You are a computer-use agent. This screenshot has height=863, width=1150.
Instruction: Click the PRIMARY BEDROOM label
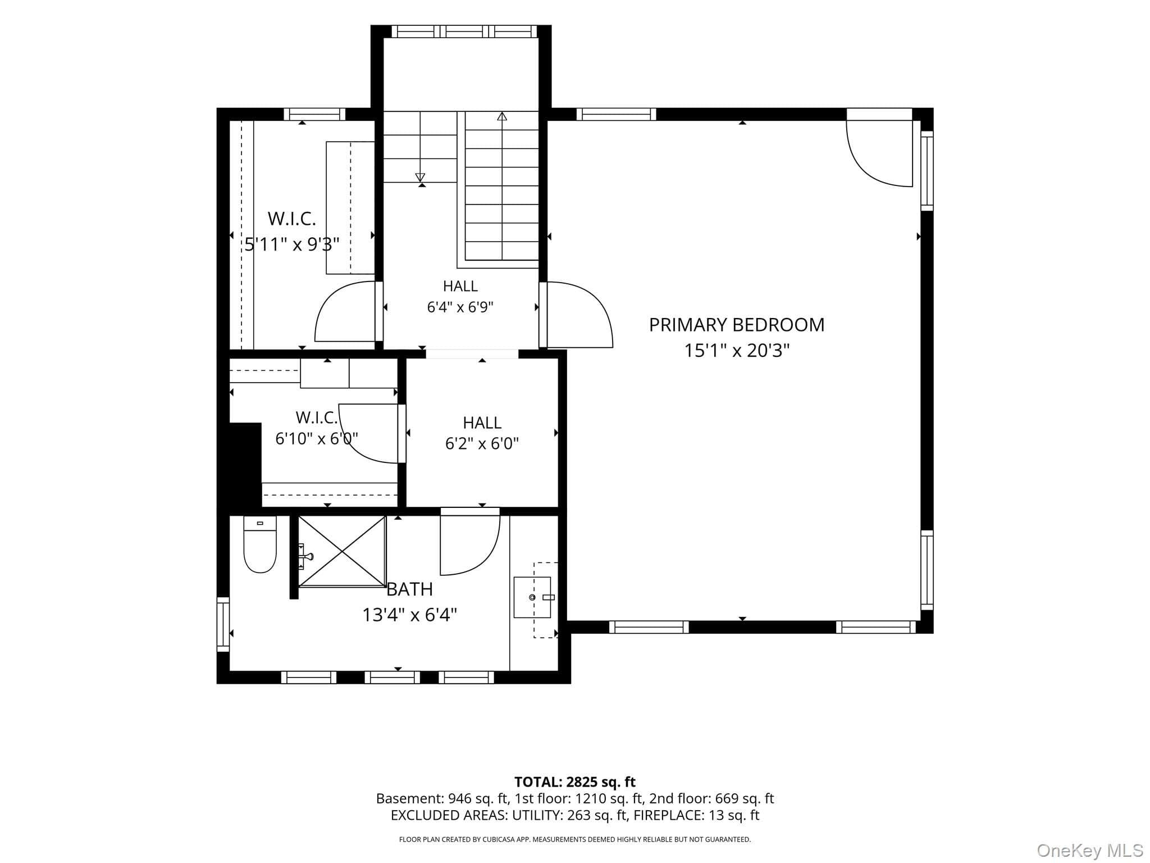click(737, 325)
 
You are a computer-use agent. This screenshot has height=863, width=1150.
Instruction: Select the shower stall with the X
click(342, 551)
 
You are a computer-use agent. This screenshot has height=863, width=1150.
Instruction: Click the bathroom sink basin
click(532, 597)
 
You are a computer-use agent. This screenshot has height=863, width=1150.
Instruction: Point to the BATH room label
click(410, 589)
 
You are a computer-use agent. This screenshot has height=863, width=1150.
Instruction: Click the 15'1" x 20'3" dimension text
click(737, 351)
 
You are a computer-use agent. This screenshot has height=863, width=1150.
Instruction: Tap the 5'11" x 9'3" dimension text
click(292, 244)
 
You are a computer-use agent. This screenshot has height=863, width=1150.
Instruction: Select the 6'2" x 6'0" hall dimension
click(482, 444)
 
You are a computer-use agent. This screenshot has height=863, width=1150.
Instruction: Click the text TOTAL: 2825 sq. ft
click(575, 782)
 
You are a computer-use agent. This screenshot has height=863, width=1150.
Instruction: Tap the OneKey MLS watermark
click(1090, 850)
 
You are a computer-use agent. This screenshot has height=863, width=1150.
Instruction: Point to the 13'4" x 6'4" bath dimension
click(410, 615)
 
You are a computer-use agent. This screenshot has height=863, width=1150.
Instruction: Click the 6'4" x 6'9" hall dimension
click(460, 307)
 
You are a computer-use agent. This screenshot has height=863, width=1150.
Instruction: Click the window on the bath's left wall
click(223, 624)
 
